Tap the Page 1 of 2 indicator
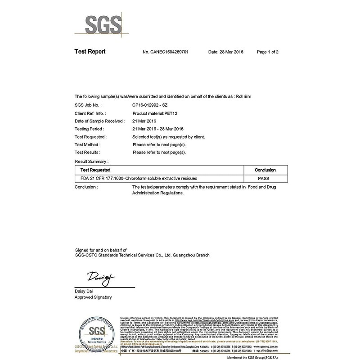pos(268,52)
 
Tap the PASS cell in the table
pos(265,179)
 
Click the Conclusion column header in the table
pos(265,170)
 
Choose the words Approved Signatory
pos(93,297)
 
